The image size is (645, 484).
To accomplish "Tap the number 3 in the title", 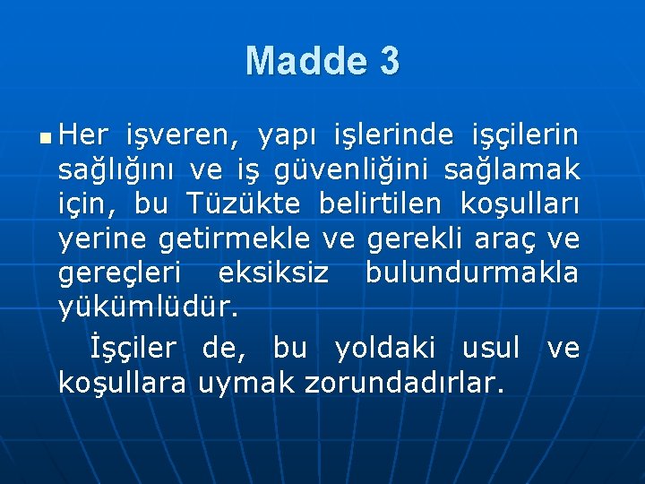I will click(x=389, y=61).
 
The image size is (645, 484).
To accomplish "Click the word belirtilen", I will click(x=380, y=204).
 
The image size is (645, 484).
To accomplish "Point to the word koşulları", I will click(x=520, y=204).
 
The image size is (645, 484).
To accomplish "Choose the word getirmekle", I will click(x=234, y=240).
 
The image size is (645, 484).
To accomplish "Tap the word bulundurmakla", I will click(x=472, y=274).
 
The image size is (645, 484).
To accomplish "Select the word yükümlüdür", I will click(x=148, y=309).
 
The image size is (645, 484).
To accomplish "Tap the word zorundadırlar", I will click(x=405, y=383).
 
